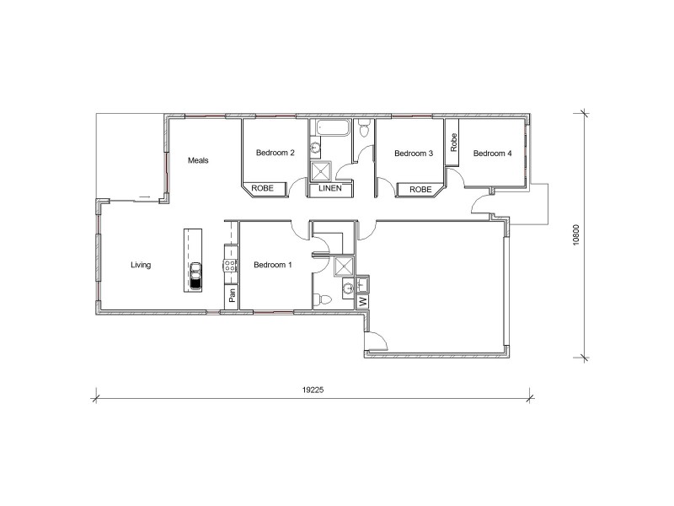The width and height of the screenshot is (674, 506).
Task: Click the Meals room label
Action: click(x=198, y=160)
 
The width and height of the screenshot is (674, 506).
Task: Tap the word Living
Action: click(x=141, y=266)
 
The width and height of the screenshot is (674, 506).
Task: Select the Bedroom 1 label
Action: click(x=273, y=265)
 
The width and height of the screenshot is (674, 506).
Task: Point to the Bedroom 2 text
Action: click(x=275, y=153)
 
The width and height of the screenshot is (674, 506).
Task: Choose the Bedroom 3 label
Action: click(x=414, y=153)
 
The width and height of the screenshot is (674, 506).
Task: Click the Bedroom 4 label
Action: click(x=492, y=153)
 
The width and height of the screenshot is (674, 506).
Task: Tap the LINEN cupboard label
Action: click(x=330, y=190)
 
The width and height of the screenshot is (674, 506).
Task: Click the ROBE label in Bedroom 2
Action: click(x=263, y=190)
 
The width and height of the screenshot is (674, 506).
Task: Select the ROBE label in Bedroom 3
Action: click(x=420, y=190)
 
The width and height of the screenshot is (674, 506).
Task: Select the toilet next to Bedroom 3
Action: click(x=362, y=130)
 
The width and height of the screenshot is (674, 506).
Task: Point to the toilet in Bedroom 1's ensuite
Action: click(x=323, y=299)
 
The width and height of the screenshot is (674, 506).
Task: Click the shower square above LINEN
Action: click(x=320, y=171)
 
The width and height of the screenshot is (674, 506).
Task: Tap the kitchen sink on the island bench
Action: click(x=195, y=276)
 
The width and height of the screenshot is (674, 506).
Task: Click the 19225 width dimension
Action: click(x=312, y=390)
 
